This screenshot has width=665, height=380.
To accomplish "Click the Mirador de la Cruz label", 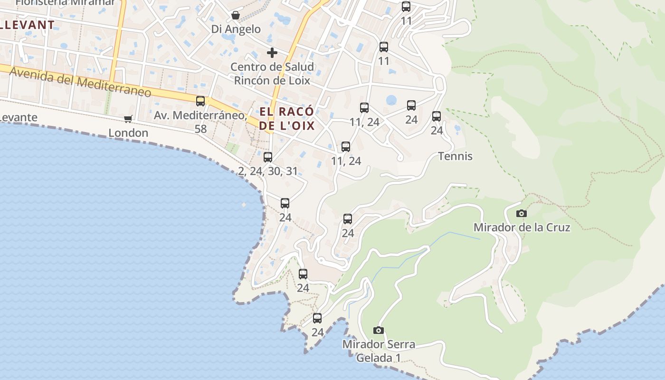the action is [x=522, y=228].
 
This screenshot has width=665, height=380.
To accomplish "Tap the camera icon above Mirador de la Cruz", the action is [x=521, y=213].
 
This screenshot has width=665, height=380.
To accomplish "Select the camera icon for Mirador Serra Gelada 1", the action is [x=378, y=330].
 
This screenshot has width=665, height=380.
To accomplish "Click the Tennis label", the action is [x=455, y=156].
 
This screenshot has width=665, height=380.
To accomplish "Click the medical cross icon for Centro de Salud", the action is [x=272, y=52].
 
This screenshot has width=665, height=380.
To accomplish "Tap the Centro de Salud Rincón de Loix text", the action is [x=272, y=74].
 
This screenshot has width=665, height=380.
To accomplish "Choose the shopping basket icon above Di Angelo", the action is [x=236, y=15].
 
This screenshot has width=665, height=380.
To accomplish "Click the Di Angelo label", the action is [x=236, y=29].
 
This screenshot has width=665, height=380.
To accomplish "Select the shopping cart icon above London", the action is [x=128, y=119].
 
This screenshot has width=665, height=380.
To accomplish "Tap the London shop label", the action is [x=128, y=133].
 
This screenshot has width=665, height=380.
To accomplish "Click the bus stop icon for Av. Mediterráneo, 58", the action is [x=200, y=101].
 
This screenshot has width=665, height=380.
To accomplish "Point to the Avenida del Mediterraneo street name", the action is [x=80, y=82].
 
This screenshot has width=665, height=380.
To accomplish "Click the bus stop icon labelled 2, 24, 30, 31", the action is [x=268, y=157].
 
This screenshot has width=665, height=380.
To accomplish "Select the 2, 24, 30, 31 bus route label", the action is [x=268, y=171].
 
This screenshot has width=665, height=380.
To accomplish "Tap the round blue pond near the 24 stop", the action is [x=391, y=100].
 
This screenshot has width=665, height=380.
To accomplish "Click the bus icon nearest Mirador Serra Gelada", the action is [x=317, y=318].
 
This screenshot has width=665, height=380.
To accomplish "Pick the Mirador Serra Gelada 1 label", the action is [x=379, y=351].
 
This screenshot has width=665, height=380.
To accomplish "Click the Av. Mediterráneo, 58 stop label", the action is [x=200, y=122].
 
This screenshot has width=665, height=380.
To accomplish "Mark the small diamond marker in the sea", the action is [x=244, y=205].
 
